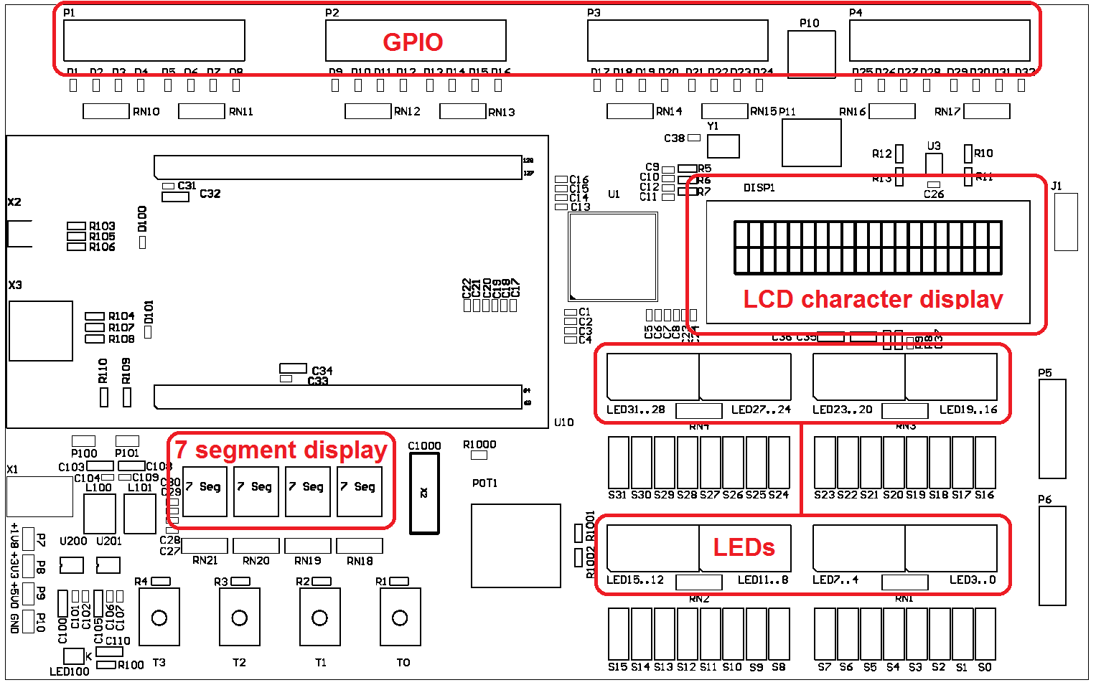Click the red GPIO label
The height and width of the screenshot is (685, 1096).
tap(413, 42)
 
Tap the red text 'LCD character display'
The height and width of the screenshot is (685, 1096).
tap(873, 299)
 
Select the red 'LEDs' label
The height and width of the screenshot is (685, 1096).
tap(744, 547)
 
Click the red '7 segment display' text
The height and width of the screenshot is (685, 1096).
tap(281, 450)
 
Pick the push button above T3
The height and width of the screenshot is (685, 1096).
tap(159, 618)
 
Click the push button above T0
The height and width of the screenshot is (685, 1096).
tap(400, 618)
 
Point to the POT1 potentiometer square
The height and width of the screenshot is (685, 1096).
tap(515, 545)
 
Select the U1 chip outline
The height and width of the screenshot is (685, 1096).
tap(613, 256)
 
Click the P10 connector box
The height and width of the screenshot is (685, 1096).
tap(811, 54)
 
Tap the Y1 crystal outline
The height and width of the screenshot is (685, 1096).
tap(723, 146)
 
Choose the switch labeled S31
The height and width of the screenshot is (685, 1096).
tap(618, 463)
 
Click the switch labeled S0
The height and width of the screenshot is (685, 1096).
tap(985, 634)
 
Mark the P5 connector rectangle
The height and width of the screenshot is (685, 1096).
tap(1052, 429)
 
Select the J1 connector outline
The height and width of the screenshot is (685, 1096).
tap(1066, 222)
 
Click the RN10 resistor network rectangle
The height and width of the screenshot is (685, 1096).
tap(106, 111)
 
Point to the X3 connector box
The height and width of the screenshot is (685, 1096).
tap(41, 331)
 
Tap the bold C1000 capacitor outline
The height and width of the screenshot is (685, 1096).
tap(424, 494)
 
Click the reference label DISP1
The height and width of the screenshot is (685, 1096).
tap(759, 188)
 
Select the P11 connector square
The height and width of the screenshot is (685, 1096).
tap(811, 143)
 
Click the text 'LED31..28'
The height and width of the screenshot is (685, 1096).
tap(635, 410)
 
